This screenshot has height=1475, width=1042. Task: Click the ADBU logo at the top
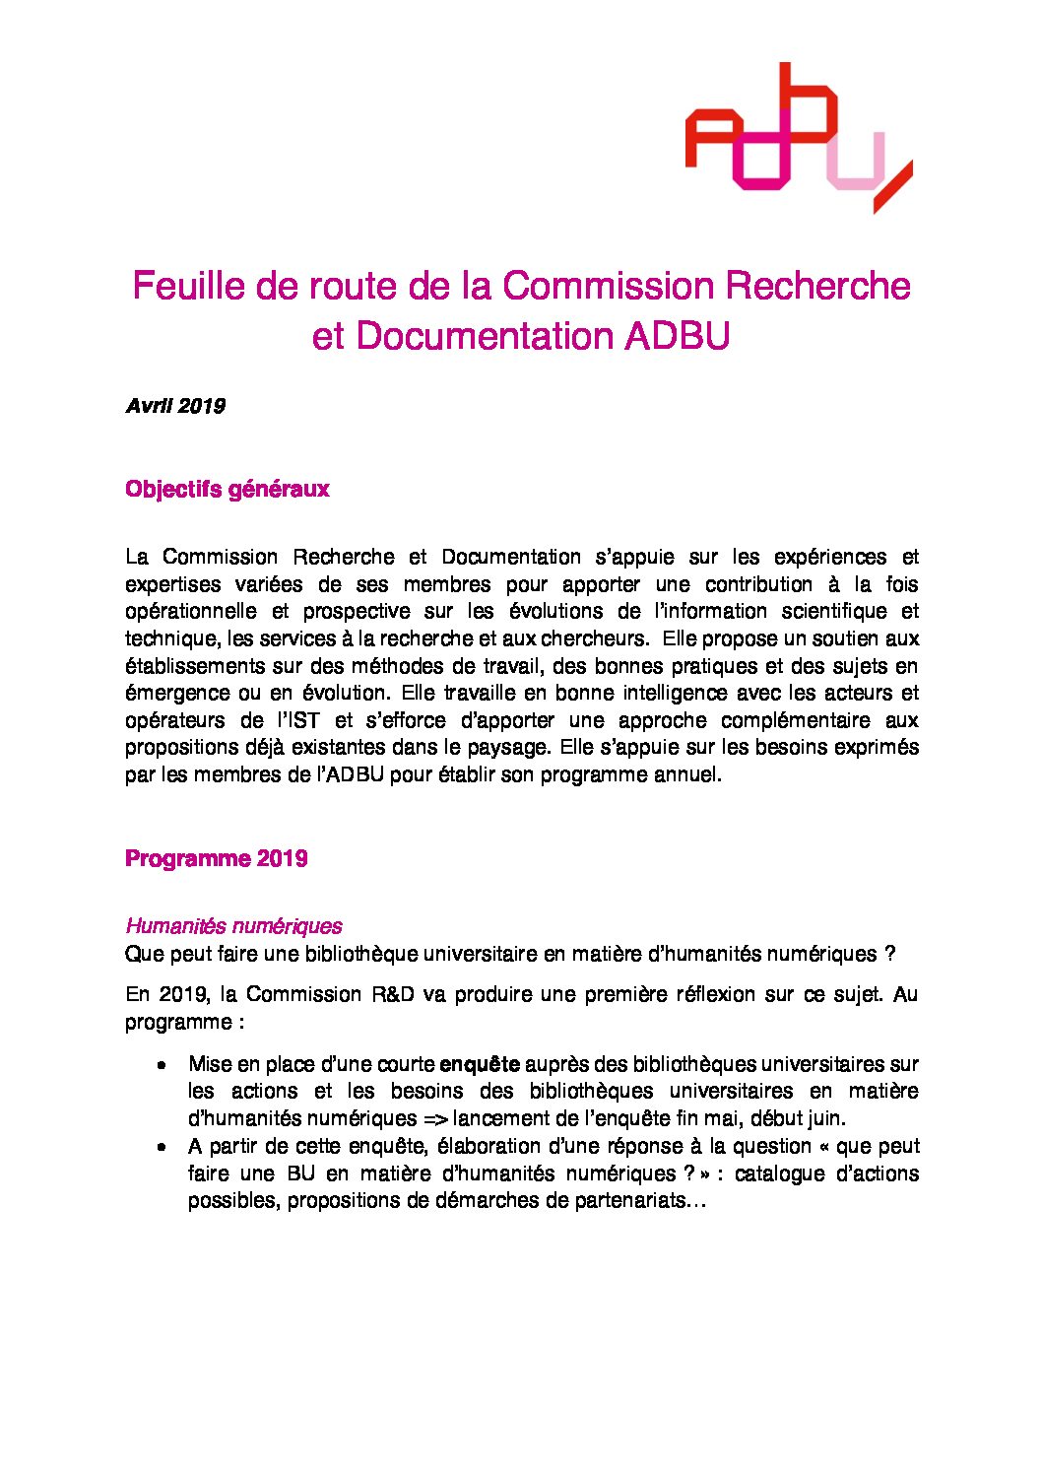click(x=798, y=138)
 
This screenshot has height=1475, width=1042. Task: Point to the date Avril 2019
click(x=175, y=406)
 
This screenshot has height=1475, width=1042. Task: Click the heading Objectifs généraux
click(x=227, y=489)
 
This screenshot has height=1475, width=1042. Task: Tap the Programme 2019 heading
click(x=216, y=858)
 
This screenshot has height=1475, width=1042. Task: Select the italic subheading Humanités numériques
click(x=233, y=926)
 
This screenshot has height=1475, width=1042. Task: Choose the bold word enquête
click(x=479, y=1064)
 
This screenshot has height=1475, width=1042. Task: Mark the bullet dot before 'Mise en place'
click(x=161, y=1065)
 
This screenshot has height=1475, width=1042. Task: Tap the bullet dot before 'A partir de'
click(x=161, y=1147)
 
